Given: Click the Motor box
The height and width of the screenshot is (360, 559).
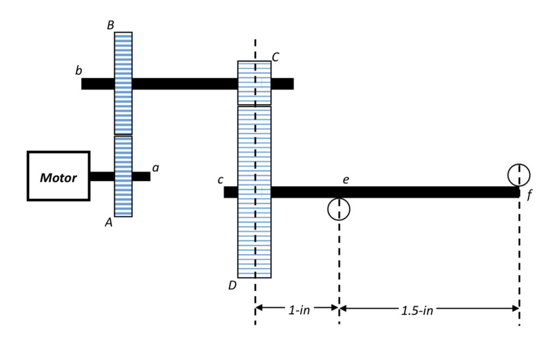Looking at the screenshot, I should click(x=59, y=176).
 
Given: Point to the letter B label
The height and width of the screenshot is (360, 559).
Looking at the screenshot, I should click(x=111, y=25).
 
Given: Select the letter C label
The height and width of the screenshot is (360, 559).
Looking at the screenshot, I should click(x=276, y=57).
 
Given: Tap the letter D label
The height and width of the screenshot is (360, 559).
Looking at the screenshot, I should click(x=233, y=285).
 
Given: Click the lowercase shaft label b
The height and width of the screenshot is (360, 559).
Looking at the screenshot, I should click(x=79, y=71).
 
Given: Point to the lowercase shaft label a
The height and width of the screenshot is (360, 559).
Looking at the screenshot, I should click(x=156, y=168).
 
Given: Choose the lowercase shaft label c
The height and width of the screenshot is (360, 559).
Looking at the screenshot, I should click(x=220, y=179).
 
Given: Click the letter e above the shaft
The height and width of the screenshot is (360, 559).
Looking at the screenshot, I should click(x=345, y=179).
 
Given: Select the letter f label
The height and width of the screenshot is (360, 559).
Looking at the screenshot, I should click(x=528, y=196).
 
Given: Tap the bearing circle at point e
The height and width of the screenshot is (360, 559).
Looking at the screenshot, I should click(x=339, y=208).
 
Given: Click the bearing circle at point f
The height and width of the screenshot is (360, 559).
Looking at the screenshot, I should click(x=519, y=175).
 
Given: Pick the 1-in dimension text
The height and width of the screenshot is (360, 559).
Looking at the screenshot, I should click(x=299, y=310).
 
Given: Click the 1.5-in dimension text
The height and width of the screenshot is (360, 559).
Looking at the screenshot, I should click(x=417, y=310).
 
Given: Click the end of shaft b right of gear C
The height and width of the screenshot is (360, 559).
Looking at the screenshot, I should click(x=282, y=83).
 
